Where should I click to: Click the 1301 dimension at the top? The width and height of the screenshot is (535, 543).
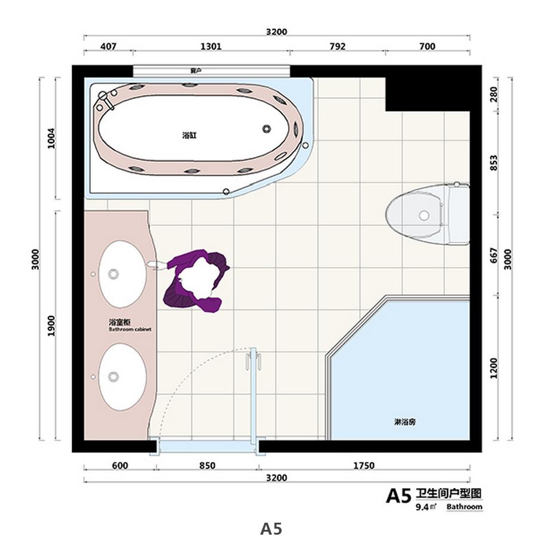coord(211,46)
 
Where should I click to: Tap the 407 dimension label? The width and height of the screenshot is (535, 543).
coord(108,46)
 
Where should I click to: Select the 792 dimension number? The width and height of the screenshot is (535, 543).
coord(337,46)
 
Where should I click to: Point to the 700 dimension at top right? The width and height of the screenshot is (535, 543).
coord(427,46)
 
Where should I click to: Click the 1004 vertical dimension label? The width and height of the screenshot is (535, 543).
coord(51,138)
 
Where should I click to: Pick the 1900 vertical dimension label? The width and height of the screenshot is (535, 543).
coord(51,326)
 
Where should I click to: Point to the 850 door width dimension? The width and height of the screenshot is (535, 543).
coord(207,465)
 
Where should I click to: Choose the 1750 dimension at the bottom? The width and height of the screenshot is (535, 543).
coord(364,465)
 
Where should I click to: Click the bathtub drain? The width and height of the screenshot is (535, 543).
coord(266,129)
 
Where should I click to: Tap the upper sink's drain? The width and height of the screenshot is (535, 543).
coord(113,274)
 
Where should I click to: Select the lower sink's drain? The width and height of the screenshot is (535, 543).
coord(113,377)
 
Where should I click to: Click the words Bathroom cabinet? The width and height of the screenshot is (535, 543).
coord(130,329)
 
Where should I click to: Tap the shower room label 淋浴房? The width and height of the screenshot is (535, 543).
coord(404,422)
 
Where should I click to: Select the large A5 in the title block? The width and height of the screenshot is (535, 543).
coord(398,496)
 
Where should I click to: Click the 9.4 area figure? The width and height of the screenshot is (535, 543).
coord(422,507)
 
